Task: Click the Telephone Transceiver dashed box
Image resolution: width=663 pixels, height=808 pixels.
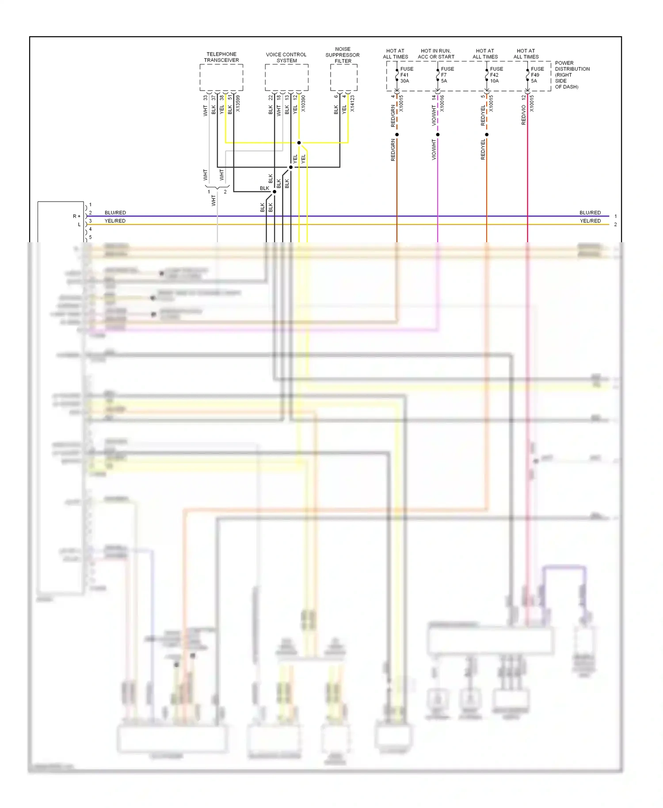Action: tap(221, 77)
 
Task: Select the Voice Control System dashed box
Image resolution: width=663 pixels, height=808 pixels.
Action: tap(286, 77)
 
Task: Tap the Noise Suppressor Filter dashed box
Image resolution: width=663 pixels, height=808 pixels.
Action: tap(343, 77)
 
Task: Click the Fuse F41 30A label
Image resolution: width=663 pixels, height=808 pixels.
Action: tap(406, 75)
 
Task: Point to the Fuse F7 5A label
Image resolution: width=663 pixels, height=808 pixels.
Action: tap(447, 75)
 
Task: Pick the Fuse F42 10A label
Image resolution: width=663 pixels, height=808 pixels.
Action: tap(496, 75)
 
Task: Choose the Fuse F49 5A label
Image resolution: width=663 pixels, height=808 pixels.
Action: tap(537, 75)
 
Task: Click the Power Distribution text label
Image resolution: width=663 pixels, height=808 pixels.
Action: tap(572, 75)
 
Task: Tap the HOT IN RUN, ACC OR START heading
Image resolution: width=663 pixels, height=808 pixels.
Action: tap(436, 54)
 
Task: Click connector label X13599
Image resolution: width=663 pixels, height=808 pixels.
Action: tap(238, 103)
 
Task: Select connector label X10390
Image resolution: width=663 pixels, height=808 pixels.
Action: tap(303, 103)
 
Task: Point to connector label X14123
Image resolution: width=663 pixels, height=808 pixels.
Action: tap(352, 103)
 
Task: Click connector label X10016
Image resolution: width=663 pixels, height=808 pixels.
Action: tap(442, 103)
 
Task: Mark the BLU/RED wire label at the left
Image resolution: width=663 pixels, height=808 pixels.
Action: tap(115, 213)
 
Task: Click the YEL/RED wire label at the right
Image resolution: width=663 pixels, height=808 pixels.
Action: tap(590, 221)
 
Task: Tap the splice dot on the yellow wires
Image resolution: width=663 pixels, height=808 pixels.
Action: tap(299, 143)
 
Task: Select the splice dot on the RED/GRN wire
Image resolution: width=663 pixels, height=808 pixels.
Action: tap(397, 134)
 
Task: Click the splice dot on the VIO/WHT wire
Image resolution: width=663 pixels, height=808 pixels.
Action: tap(438, 134)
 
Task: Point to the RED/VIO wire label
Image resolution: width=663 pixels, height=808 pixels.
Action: tap(524, 115)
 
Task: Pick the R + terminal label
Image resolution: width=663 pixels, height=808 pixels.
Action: tap(76, 216)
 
